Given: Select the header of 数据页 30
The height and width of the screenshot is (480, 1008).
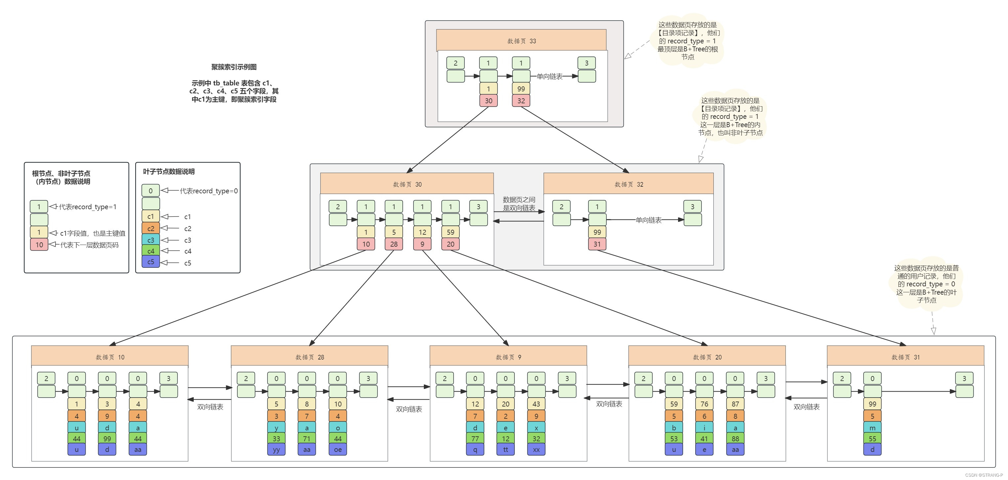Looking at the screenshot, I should point(407,184).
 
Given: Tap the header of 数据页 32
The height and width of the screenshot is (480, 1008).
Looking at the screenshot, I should point(628,184).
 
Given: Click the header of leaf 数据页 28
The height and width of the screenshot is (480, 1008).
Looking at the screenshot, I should point(309,357).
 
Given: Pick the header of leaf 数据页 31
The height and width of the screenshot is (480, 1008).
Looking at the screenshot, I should point(905,357).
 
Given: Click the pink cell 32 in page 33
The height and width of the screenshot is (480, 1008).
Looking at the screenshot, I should point(521,101).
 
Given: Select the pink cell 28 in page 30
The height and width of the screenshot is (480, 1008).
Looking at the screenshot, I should point(394,244).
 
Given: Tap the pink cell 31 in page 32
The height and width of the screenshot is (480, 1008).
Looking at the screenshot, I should point(597,244).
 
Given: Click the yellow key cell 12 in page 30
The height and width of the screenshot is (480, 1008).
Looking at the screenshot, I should point(422,232).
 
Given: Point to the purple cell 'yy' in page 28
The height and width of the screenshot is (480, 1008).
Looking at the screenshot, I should point(276,450).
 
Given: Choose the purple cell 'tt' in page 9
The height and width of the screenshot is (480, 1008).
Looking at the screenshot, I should point(505,450).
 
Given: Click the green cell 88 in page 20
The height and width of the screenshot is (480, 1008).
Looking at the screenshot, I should point(735,439).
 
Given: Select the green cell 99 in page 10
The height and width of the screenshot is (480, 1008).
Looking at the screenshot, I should point(107,439).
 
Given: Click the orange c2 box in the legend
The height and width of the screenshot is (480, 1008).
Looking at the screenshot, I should point(151,228).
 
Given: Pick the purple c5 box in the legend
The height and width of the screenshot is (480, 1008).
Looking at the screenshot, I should point(151,262).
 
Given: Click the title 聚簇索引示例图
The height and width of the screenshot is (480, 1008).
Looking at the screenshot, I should point(234,67).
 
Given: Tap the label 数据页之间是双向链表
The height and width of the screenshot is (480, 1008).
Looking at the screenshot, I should point(519,204).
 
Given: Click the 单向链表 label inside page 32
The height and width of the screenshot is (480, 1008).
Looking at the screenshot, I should point(648,220).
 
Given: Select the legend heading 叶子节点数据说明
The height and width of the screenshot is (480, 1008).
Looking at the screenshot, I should point(169,171).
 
